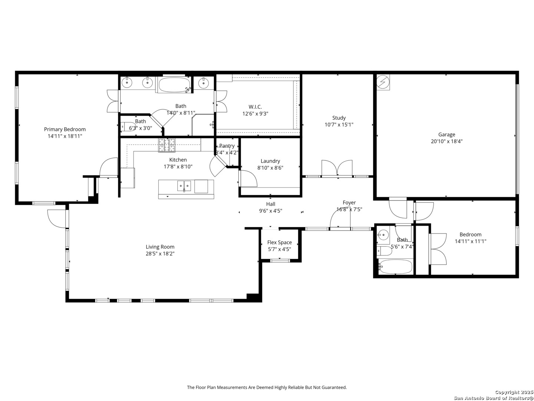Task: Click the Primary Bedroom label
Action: pyautogui.click(x=65, y=129)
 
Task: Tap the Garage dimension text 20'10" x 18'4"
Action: pyautogui.click(x=446, y=141)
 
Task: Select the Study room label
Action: pyautogui.click(x=339, y=118)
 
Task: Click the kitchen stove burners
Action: pyautogui.click(x=167, y=145)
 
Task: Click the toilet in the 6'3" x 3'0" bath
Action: pyautogui.click(x=128, y=127)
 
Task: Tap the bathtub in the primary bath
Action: pyautogui.click(x=174, y=85)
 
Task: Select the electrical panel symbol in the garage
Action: pyautogui.click(x=383, y=82)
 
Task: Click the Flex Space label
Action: pyautogui.click(x=280, y=242)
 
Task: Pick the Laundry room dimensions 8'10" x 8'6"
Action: pyautogui.click(x=270, y=167)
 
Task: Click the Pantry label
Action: pyautogui.click(x=227, y=146)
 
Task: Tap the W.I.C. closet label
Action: pyautogui.click(x=255, y=107)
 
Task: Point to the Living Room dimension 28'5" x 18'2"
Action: pyautogui.click(x=160, y=254)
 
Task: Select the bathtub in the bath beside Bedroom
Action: pyautogui.click(x=395, y=266)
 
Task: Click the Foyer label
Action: pyautogui.click(x=349, y=203)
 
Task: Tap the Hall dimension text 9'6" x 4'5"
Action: pyautogui.click(x=271, y=211)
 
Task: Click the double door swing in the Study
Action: pyautogui.click(x=337, y=168)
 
